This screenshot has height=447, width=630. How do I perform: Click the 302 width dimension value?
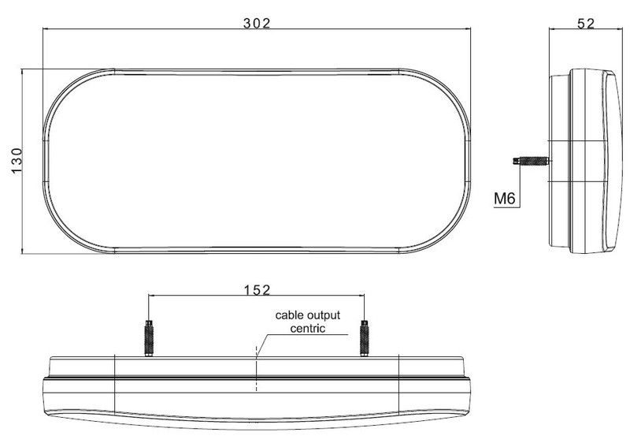(x=258, y=24)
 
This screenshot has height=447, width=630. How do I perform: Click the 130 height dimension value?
(x=17, y=161)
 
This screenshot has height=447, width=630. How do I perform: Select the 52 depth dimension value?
(x=585, y=24)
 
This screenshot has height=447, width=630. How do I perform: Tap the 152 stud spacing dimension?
(x=258, y=289)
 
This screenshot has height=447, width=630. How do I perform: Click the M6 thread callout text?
(x=505, y=198)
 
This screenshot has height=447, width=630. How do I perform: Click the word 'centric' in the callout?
(x=308, y=328)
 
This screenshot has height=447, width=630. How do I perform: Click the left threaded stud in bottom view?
(x=149, y=338)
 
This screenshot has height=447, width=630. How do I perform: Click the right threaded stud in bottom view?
(x=365, y=338)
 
